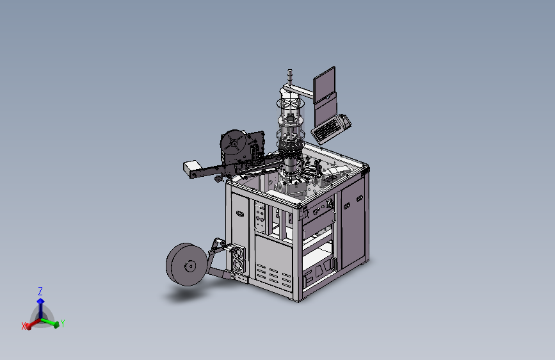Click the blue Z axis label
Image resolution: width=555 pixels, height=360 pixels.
(x=40, y=291)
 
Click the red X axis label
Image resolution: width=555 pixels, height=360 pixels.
(x=24, y=326)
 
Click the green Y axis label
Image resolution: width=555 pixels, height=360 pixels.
(x=63, y=323)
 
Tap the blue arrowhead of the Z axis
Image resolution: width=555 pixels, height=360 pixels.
(x=41, y=301)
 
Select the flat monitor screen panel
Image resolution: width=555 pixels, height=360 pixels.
(x=324, y=85)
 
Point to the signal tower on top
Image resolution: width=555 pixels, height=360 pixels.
(x=290, y=77)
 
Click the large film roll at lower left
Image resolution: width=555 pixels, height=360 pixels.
(x=186, y=265)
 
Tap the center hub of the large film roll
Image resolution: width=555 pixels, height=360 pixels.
(x=190, y=266)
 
